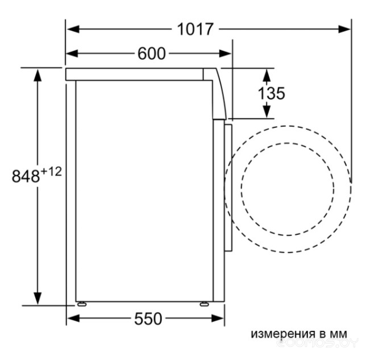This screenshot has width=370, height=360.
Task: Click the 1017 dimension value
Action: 195,29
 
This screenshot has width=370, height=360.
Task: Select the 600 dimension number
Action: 152,53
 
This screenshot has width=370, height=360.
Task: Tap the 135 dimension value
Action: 271,93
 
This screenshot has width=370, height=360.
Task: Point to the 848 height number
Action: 26,176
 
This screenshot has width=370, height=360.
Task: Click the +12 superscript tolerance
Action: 52,172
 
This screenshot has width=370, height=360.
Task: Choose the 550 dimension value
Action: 148,318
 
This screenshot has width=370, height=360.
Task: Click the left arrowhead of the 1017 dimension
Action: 73,30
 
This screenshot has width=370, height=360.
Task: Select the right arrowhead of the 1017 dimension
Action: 344,30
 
